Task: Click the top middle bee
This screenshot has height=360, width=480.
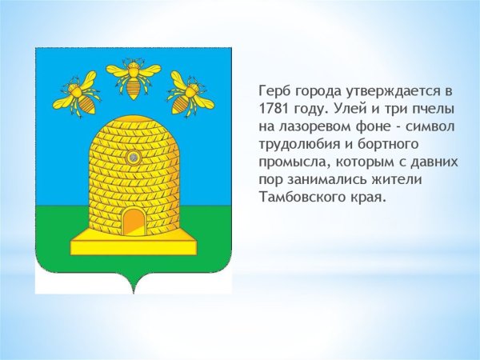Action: click(x=133, y=78)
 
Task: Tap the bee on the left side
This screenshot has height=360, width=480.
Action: click(x=77, y=94)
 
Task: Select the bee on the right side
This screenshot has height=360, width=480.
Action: click(x=190, y=94)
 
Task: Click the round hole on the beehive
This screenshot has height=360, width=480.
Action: click(x=134, y=158)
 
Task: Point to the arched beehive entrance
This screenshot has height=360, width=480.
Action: click(x=134, y=221)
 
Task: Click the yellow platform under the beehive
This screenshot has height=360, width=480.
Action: click(x=134, y=242)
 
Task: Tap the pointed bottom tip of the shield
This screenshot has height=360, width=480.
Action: click(x=134, y=293)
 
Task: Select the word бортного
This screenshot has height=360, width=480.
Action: click(x=388, y=145)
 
